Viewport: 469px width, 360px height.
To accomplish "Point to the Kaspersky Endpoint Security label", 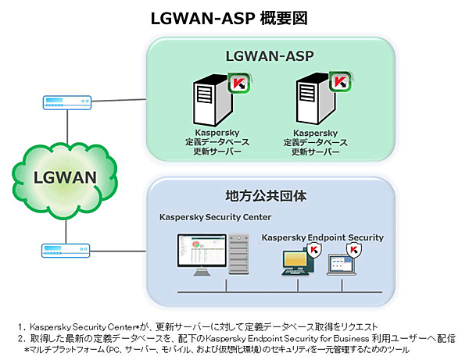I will (323, 237).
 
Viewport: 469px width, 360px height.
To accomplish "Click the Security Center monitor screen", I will (201, 256).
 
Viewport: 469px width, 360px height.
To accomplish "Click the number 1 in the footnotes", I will (20, 323).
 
